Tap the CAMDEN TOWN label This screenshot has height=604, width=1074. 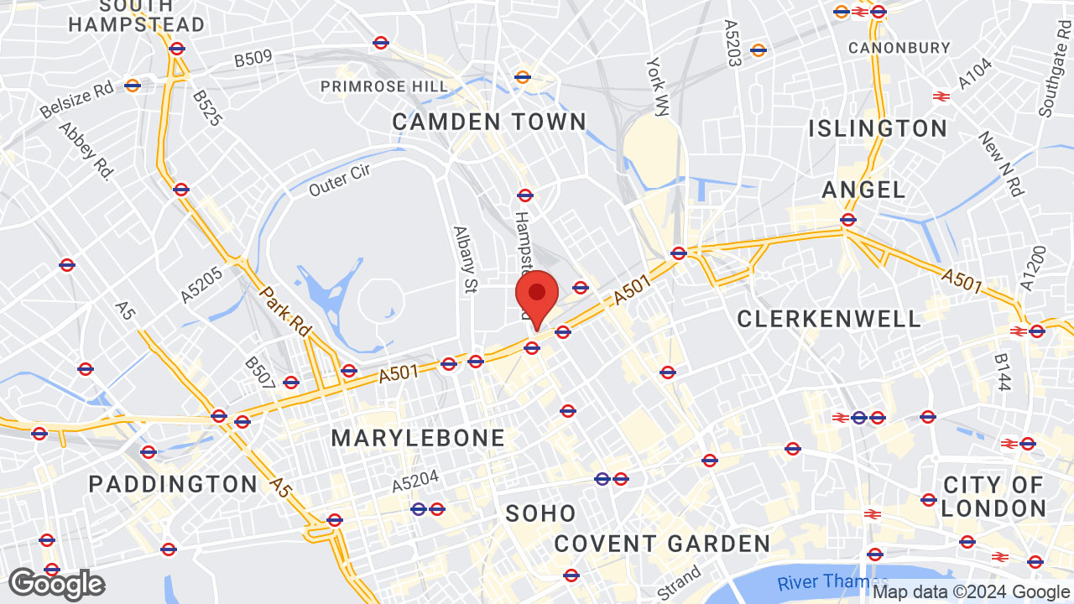click(x=489, y=122)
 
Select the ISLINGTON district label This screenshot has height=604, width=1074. click(x=878, y=128)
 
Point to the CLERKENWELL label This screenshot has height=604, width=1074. click(x=829, y=319)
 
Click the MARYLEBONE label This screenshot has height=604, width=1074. click(x=418, y=438)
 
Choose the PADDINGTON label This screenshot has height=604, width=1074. click(x=174, y=484)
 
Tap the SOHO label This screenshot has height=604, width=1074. click(x=541, y=513)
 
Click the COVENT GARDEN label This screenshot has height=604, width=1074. click(x=662, y=544)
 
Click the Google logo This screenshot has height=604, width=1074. click(x=56, y=584)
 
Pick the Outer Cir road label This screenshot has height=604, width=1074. click(x=340, y=180)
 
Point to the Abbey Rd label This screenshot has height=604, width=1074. click(x=86, y=152)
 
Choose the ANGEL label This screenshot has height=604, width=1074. click(x=864, y=190)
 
